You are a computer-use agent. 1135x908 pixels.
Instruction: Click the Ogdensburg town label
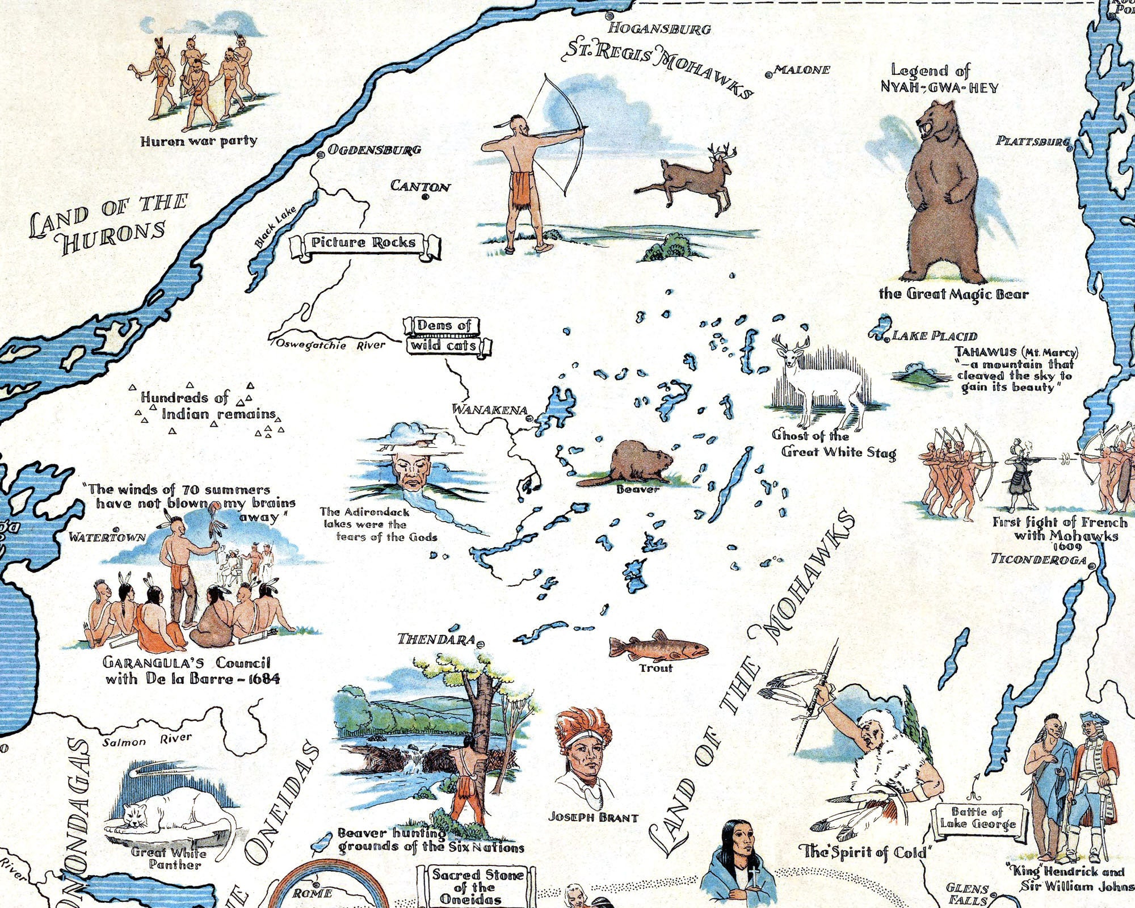pos(375,150)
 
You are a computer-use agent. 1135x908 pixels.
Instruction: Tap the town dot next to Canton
pos(424,197)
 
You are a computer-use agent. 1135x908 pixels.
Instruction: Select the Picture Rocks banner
pos(364,244)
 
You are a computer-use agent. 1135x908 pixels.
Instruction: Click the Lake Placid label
pos(935,336)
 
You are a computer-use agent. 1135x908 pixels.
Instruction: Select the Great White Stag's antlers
pos(791,344)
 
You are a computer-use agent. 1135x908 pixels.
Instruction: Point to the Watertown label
pos(107,537)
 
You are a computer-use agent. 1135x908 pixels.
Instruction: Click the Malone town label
pos(802,70)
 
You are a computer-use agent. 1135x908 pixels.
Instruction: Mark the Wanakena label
pos(489,410)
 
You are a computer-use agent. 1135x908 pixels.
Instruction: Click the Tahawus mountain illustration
pos(919,375)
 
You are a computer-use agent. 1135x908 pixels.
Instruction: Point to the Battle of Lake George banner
pos(977,818)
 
